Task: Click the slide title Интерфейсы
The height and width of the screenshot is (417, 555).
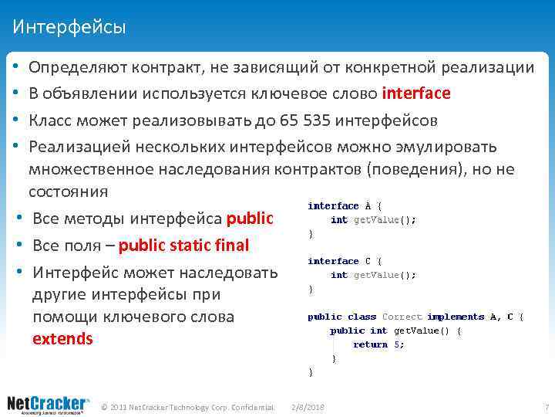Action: (69, 28)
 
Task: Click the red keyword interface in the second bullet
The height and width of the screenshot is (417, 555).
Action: (416, 93)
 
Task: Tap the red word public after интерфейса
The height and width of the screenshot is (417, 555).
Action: (251, 219)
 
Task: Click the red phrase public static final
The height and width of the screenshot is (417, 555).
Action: (184, 246)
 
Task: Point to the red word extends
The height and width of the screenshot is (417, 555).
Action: (62, 338)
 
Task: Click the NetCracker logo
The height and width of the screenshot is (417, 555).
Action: (49, 405)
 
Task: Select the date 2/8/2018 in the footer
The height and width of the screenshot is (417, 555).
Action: (308, 406)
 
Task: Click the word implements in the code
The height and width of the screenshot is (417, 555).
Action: (455, 317)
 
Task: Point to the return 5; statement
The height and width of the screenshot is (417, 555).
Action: (378, 344)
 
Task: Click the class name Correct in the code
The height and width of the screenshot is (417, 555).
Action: (402, 317)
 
